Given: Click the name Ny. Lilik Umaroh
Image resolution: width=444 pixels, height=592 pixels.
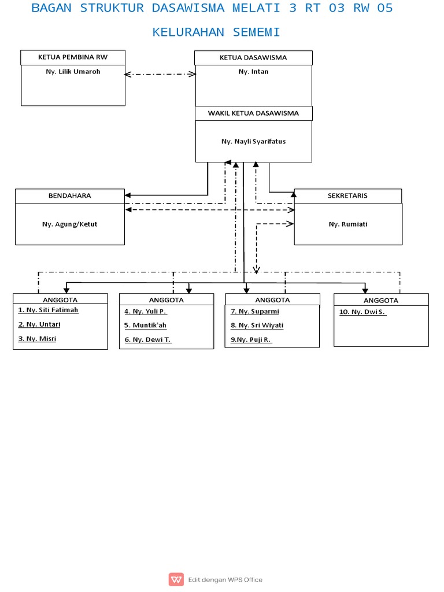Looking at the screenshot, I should (x=73, y=72).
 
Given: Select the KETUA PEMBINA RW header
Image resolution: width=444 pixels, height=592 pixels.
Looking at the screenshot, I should (x=73, y=57).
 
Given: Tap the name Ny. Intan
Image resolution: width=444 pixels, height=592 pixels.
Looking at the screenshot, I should (x=253, y=72).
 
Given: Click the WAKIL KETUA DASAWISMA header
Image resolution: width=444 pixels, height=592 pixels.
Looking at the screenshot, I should (x=253, y=113).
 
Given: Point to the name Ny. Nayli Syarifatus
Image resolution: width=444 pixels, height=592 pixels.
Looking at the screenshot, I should (x=253, y=141).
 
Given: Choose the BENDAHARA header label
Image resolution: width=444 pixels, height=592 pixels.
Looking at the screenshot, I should (x=69, y=196).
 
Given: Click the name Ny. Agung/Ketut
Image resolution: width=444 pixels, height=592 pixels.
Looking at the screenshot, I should (x=69, y=224).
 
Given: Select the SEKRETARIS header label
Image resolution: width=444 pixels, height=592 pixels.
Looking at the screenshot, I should (x=348, y=196).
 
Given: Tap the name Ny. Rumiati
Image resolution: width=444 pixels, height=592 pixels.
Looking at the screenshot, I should (x=348, y=224).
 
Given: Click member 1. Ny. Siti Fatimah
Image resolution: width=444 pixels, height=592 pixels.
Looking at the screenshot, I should (x=48, y=310).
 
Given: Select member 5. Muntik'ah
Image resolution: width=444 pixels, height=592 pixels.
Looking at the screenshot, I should (x=145, y=325).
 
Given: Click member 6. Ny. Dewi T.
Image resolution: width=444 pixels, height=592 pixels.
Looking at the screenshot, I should (x=148, y=340).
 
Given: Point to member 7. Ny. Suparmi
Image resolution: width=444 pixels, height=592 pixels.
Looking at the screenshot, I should (x=254, y=312).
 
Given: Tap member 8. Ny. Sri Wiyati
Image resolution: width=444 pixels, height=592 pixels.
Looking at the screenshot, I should (x=257, y=325).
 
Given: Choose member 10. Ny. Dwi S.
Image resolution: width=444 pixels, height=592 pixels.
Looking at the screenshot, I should (x=362, y=312).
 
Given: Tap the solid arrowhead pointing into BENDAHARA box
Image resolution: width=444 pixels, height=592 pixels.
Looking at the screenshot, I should (x=128, y=195).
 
